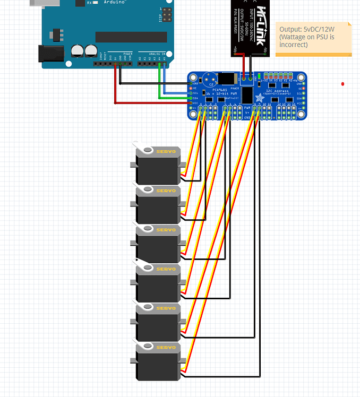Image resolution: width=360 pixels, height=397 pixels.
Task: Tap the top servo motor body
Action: (x=158, y=166)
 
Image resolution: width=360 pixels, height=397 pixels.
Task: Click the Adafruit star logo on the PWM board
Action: (x=260, y=97)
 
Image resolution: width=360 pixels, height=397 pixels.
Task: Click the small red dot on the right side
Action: (x=342, y=84)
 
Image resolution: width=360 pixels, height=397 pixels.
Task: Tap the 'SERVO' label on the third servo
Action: (x=166, y=230)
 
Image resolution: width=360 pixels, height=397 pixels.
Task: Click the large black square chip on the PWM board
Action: (x=247, y=96)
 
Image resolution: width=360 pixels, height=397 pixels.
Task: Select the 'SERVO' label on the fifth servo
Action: (x=166, y=308)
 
